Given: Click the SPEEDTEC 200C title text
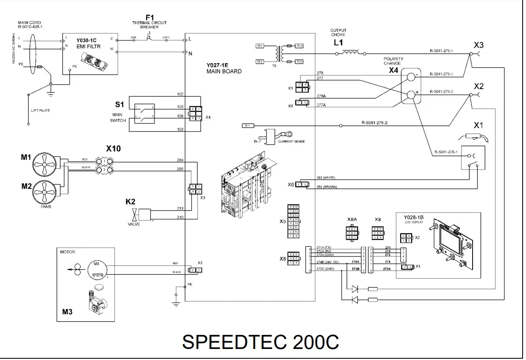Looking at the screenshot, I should click(260, 342).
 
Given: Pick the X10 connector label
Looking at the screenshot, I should click(113, 149).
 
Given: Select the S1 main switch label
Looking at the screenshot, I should click(120, 104).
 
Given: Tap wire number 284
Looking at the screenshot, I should click(180, 160).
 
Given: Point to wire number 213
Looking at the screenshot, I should click(180, 208).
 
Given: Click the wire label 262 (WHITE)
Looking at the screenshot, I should click(326, 178).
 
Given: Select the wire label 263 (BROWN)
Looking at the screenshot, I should click(326, 186).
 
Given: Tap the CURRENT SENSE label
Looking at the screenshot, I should click(291, 141).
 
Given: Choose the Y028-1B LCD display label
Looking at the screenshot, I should click(411, 219).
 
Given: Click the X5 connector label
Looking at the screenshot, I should click(282, 221).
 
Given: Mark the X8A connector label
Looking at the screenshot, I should click(352, 220).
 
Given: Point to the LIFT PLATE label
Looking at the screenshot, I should click(40, 111).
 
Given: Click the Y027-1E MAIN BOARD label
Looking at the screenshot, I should click(224, 68).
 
